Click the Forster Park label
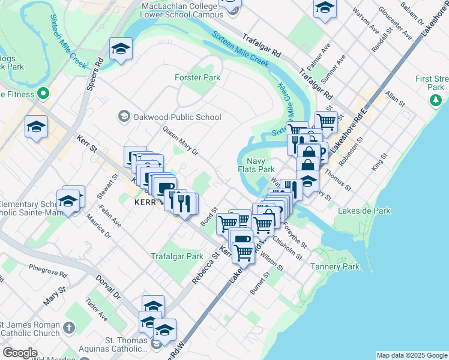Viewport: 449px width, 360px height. pyautogui.click(x=197, y=77)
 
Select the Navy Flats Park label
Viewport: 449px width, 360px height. pyautogui.click(x=261, y=164)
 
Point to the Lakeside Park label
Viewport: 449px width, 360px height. pyautogui.click(x=364, y=211)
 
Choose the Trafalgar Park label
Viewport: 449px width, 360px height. pyautogui.click(x=177, y=256)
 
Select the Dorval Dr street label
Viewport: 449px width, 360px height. pyautogui.click(x=108, y=287)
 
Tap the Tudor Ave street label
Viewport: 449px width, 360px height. pyautogui.click(x=96, y=309)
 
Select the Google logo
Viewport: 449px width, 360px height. pyautogui.click(x=20, y=353)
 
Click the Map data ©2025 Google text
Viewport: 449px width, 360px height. pyautogui.click(x=411, y=355)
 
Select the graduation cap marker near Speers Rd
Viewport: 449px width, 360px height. pyautogui.click(x=121, y=49)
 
